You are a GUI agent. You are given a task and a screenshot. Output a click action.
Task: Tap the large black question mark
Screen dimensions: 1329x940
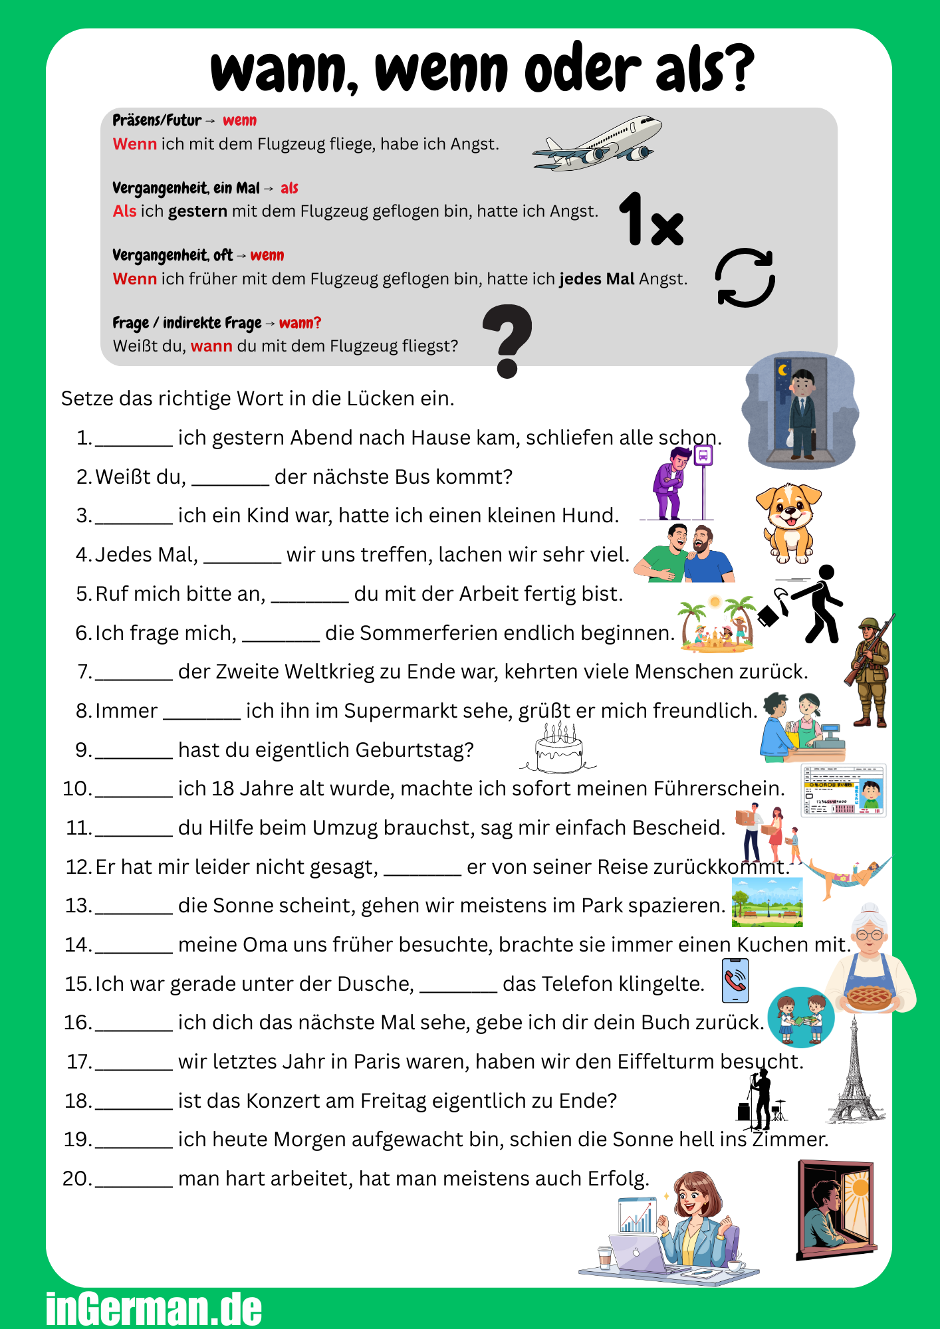click(507, 340)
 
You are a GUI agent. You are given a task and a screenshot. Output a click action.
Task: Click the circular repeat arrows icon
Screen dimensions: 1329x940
click(745, 278)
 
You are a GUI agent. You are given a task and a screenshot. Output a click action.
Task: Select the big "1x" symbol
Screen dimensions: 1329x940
click(651, 220)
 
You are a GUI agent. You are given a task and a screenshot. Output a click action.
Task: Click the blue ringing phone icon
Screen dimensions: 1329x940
click(735, 980)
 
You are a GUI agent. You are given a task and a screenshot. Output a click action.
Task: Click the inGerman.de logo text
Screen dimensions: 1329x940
click(154, 1308)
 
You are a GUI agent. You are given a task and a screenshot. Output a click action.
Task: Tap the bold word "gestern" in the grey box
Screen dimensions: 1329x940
click(197, 211)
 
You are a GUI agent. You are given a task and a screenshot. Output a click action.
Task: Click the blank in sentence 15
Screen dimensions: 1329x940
click(458, 985)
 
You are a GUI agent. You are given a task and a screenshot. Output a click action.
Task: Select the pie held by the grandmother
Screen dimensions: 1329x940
click(867, 997)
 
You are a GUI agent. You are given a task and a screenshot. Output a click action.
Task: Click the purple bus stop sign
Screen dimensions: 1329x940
click(703, 456)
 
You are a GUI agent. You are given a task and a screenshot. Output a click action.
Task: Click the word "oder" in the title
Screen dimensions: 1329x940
click(583, 70)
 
